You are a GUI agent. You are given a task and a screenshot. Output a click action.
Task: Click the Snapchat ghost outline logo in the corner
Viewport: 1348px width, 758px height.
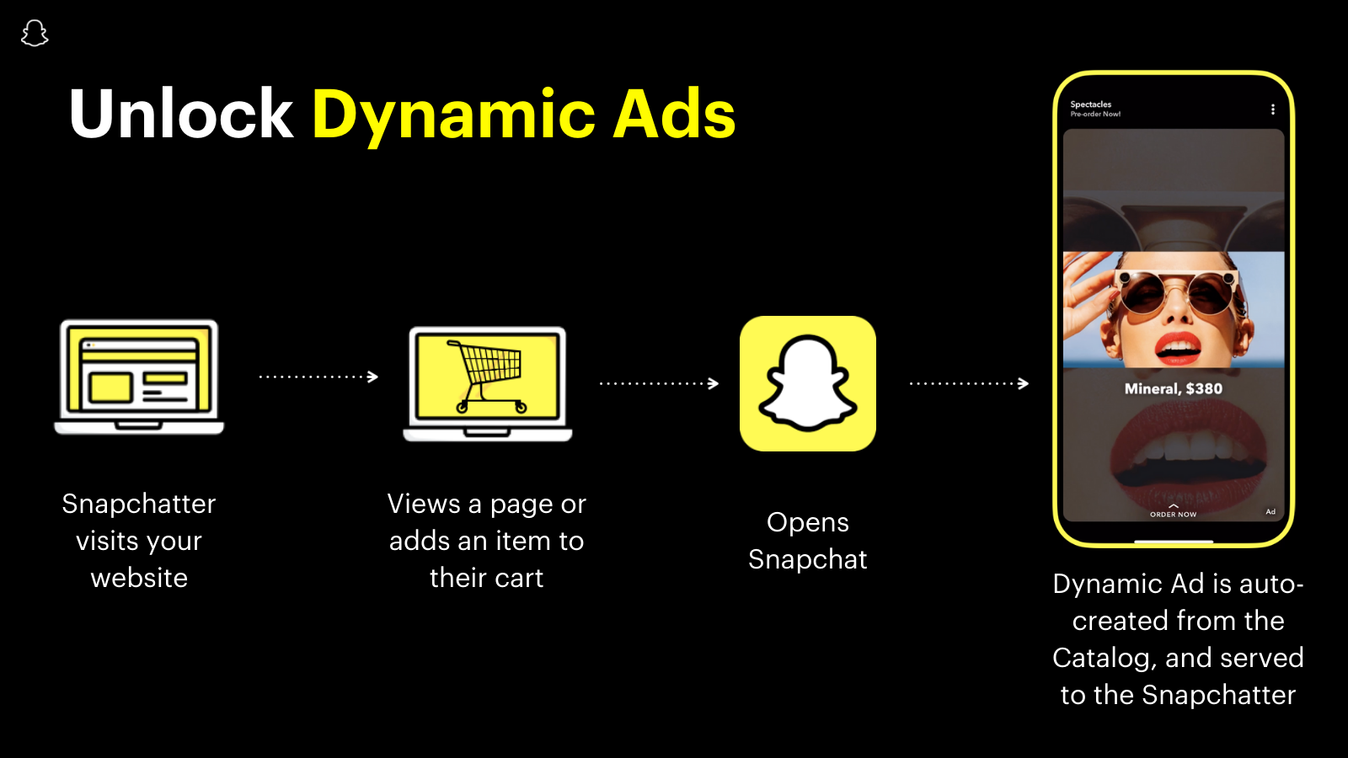[35, 34]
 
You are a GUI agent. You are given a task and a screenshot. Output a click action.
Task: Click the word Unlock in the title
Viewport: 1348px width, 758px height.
[180, 115]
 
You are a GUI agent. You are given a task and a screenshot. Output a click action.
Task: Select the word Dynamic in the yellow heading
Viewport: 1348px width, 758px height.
[453, 115]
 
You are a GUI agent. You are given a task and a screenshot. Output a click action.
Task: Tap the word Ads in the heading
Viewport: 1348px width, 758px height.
[674, 115]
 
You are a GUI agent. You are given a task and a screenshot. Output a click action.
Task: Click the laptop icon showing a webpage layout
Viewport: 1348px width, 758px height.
[139, 376]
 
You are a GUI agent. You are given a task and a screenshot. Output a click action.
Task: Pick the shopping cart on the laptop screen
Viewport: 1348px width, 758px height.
[489, 375]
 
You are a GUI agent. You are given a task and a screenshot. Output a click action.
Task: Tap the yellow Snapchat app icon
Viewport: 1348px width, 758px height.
[807, 383]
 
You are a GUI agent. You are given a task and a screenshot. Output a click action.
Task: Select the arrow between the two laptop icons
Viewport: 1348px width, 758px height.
[318, 376]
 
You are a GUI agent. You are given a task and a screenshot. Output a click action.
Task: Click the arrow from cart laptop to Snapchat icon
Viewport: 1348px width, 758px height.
[659, 383]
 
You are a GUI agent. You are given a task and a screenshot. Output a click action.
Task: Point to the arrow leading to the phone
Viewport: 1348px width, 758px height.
[969, 383]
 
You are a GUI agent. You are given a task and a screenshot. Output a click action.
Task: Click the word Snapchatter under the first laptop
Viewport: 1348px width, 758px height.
[139, 504]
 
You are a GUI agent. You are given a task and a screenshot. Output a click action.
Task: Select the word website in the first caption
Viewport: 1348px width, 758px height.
[139, 578]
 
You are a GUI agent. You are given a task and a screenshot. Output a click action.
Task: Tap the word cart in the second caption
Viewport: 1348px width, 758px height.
[519, 578]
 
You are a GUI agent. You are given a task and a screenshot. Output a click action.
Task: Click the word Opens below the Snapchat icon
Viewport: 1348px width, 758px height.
[807, 522]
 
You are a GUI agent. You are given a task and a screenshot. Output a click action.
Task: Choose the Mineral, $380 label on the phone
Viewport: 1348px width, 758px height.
[1173, 388]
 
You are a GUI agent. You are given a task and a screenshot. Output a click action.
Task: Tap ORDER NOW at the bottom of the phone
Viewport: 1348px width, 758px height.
[1173, 513]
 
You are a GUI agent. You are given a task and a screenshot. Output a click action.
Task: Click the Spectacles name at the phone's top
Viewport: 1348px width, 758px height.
[1090, 104]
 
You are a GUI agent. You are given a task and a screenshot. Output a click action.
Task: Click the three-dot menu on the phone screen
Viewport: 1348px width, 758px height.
[1272, 109]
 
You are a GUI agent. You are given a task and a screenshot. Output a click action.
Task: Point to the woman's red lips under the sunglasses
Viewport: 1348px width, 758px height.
[1177, 345]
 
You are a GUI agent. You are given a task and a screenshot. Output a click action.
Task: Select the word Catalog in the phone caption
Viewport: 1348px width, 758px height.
[1104, 658]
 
